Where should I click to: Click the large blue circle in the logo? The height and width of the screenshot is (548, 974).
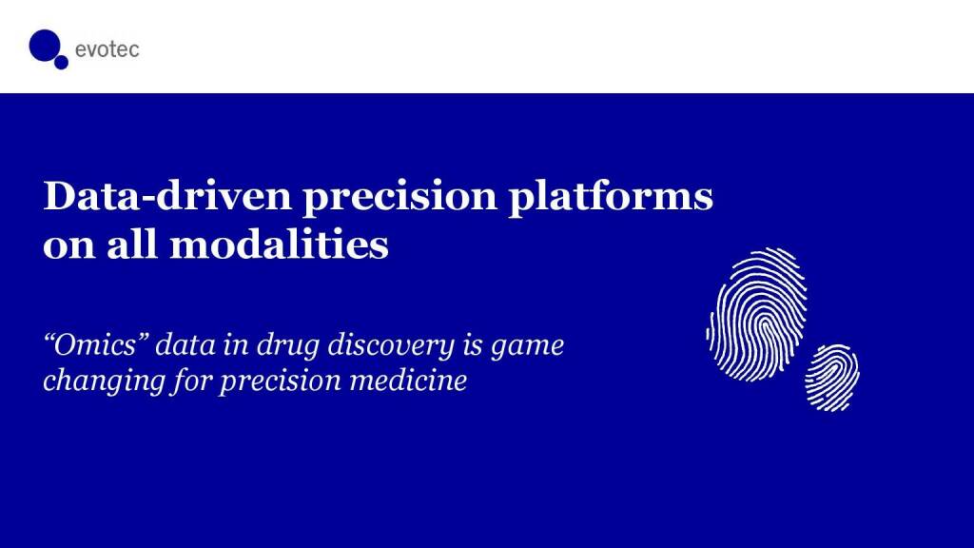[x=44, y=46]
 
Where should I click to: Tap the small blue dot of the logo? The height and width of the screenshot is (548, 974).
[x=61, y=62]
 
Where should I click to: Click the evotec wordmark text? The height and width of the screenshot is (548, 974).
[x=107, y=49]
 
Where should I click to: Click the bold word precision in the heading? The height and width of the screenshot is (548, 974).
[x=399, y=198]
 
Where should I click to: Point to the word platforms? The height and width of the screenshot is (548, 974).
[x=611, y=197]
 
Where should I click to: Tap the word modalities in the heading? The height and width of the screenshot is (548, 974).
[x=279, y=244]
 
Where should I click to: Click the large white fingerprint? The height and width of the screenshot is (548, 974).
[x=756, y=314]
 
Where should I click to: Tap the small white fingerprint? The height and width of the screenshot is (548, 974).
[x=832, y=378]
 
